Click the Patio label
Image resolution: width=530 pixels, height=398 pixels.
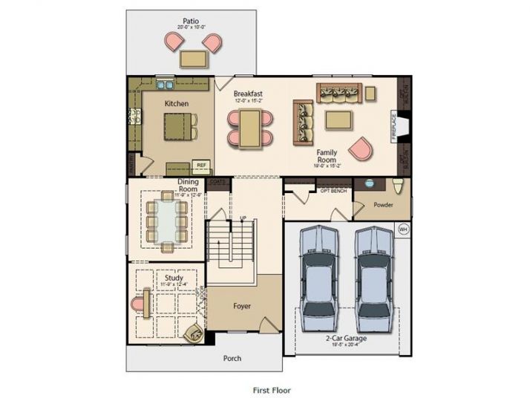(x=192, y=20)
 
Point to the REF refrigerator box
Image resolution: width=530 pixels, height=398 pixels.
(x=200, y=166)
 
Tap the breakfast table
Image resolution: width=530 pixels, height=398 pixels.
(x=249, y=127)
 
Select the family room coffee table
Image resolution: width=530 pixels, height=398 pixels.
(x=339, y=120)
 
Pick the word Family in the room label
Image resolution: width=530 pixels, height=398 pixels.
(x=327, y=152)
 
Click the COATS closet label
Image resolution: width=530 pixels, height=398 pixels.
(x=217, y=181)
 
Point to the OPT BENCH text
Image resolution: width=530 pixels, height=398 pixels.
(x=333, y=191)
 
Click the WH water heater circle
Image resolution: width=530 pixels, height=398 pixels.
(x=404, y=229)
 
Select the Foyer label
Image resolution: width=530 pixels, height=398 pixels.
(x=242, y=305)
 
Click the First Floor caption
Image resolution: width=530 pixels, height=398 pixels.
(x=271, y=389)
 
